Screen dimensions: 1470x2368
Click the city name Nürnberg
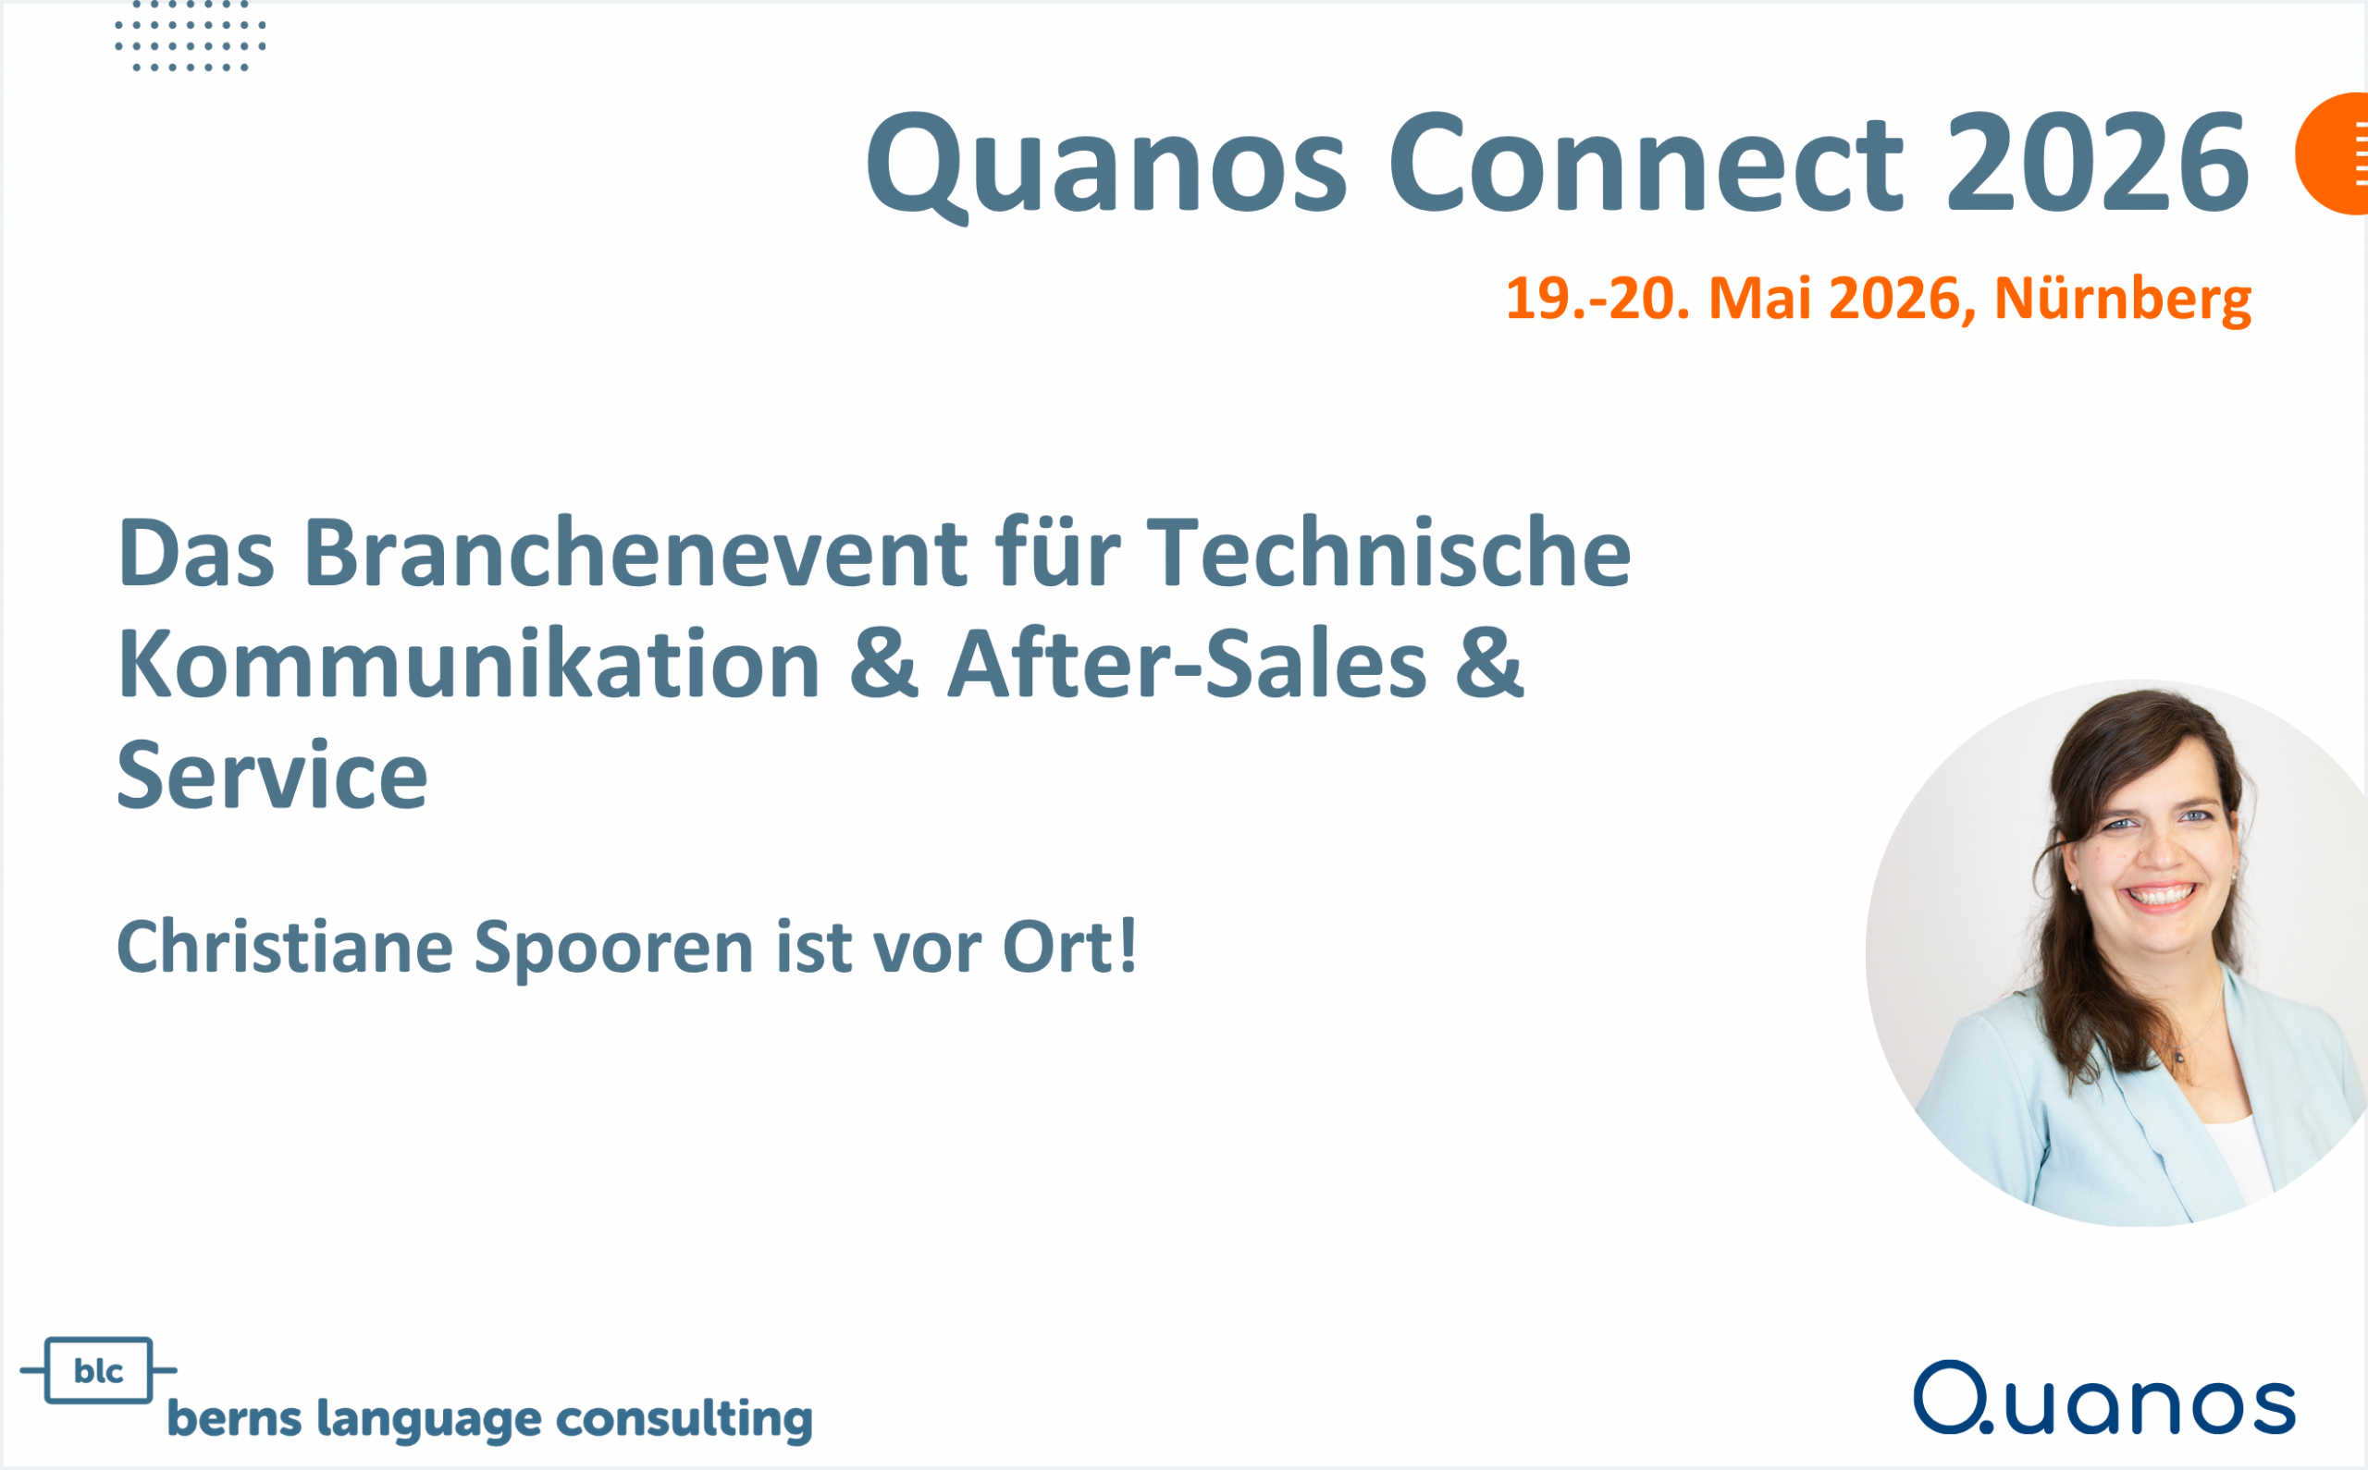(2122, 299)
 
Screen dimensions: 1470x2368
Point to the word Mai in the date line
(1759, 299)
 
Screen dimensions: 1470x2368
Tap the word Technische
(1388, 553)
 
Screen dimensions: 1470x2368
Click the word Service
(272, 776)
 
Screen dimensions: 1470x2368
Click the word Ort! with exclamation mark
(1069, 947)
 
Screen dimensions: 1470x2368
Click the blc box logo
(98, 1371)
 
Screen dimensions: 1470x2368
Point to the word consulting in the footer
(684, 1419)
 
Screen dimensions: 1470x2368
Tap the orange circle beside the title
(2334, 153)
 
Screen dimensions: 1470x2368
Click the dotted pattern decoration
(190, 37)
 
